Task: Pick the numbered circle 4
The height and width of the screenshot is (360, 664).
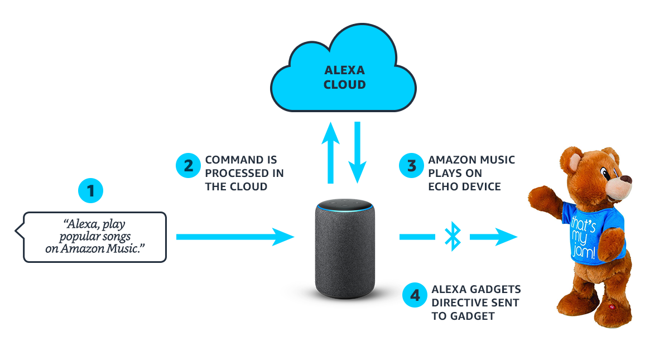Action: click(x=415, y=295)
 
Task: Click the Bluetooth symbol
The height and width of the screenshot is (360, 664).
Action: click(x=452, y=237)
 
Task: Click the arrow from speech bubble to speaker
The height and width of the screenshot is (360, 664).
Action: click(x=234, y=237)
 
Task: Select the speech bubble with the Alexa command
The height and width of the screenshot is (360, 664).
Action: click(x=94, y=237)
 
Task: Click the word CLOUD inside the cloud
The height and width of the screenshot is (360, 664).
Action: click(x=345, y=85)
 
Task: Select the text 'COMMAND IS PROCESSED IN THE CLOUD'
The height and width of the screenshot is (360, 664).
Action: click(x=244, y=173)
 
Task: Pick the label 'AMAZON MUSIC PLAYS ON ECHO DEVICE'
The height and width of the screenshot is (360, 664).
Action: click(x=471, y=173)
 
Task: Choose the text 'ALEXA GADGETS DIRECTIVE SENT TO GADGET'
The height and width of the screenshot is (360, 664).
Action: click(x=475, y=303)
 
